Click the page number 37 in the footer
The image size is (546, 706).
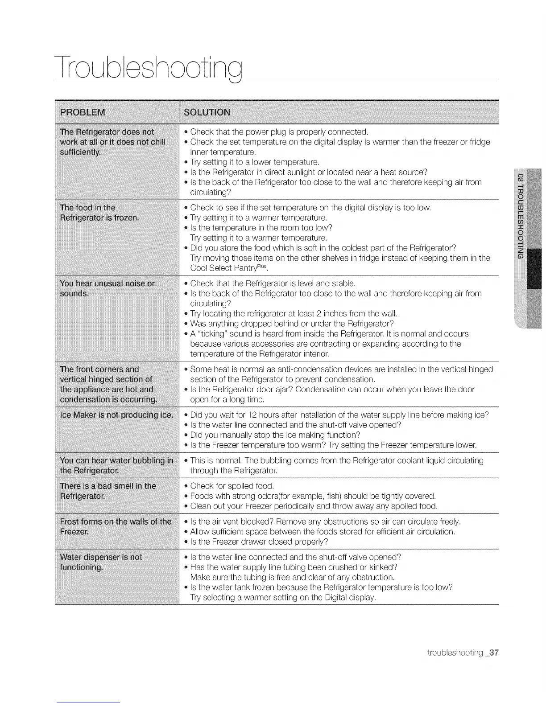(x=493, y=653)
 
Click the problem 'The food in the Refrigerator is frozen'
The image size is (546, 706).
(x=100, y=213)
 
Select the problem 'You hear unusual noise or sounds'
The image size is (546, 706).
(x=108, y=288)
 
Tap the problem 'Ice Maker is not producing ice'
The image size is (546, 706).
(x=116, y=415)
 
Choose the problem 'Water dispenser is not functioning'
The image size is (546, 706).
(x=101, y=562)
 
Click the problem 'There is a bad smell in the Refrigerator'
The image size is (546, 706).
(x=108, y=491)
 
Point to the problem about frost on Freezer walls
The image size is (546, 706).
(x=116, y=526)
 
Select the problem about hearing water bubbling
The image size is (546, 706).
(x=116, y=465)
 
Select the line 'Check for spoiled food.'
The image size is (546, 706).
(x=232, y=485)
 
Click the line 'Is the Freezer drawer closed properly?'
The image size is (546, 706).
(x=259, y=542)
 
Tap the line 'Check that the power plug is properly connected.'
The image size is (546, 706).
(x=279, y=131)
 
